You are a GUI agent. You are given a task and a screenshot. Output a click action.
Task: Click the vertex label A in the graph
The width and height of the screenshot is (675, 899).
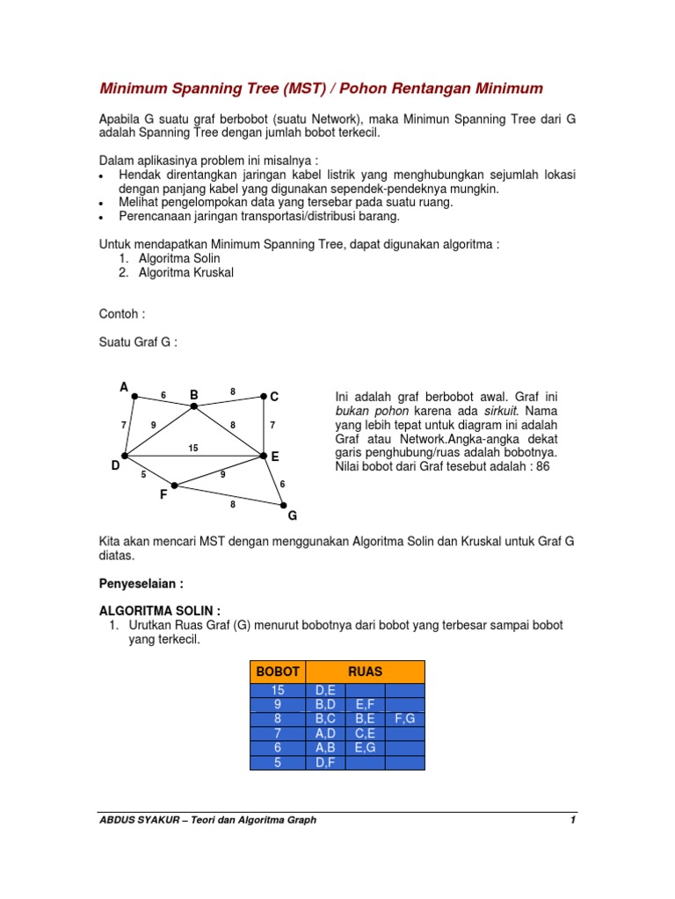pos(124,387)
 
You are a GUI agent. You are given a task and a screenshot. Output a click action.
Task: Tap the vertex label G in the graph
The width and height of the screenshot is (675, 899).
pos(293,515)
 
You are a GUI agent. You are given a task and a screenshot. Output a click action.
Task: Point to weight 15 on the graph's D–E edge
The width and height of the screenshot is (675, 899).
pos(193,448)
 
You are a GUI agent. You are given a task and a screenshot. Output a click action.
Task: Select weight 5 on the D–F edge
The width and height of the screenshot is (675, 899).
pos(143,476)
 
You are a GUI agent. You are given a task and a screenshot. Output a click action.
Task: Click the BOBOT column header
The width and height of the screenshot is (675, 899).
pos(277,672)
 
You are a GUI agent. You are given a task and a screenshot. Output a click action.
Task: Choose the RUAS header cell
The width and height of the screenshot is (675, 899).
pos(365,672)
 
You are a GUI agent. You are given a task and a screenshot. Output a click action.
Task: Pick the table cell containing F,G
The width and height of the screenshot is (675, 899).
pos(404,718)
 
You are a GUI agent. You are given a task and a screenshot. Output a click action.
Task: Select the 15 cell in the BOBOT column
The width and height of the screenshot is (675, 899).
pos(277,691)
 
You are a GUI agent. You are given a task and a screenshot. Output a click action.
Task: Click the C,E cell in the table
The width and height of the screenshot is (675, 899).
pos(366,732)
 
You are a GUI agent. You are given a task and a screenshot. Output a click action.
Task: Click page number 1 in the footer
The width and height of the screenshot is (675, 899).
pos(572,820)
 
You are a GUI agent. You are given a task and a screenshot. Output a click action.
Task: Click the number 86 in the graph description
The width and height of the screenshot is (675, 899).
pos(542,466)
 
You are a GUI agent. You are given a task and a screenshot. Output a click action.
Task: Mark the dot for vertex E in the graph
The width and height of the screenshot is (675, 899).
pos(263,455)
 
